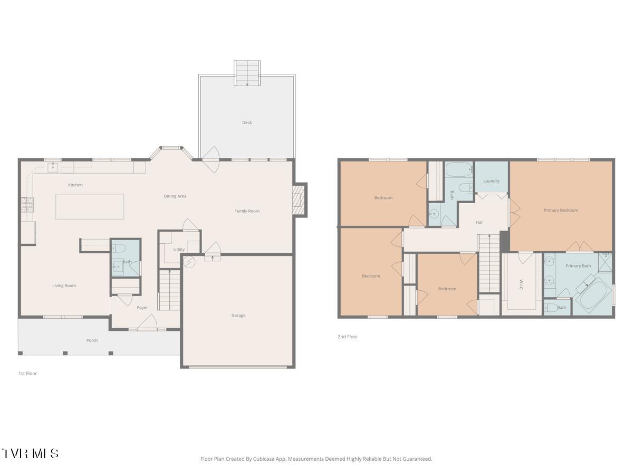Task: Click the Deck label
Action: pyautogui.click(x=247, y=122)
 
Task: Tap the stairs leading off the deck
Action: pyautogui.click(x=247, y=73)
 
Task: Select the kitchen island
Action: pyautogui.click(x=90, y=206)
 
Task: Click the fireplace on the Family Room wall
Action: pyautogui.click(x=299, y=199)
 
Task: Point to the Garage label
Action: pyautogui.click(x=238, y=316)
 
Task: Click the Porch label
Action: pyautogui.click(x=92, y=340)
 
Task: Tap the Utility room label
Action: pyautogui.click(x=179, y=250)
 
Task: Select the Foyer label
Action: pyautogui.click(x=142, y=308)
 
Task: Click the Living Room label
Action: pyautogui.click(x=64, y=286)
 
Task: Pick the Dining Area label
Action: pyautogui.click(x=175, y=196)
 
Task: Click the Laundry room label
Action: pyautogui.click(x=491, y=181)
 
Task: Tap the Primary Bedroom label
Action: pyautogui.click(x=561, y=210)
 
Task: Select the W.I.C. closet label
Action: pyautogui.click(x=521, y=283)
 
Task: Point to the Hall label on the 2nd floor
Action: pyautogui.click(x=479, y=222)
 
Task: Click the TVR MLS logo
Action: pyautogui.click(x=30, y=453)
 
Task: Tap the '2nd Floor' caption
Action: pyautogui.click(x=348, y=337)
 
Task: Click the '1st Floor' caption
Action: pyautogui.click(x=28, y=374)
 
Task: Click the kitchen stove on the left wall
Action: pyautogui.click(x=27, y=205)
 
